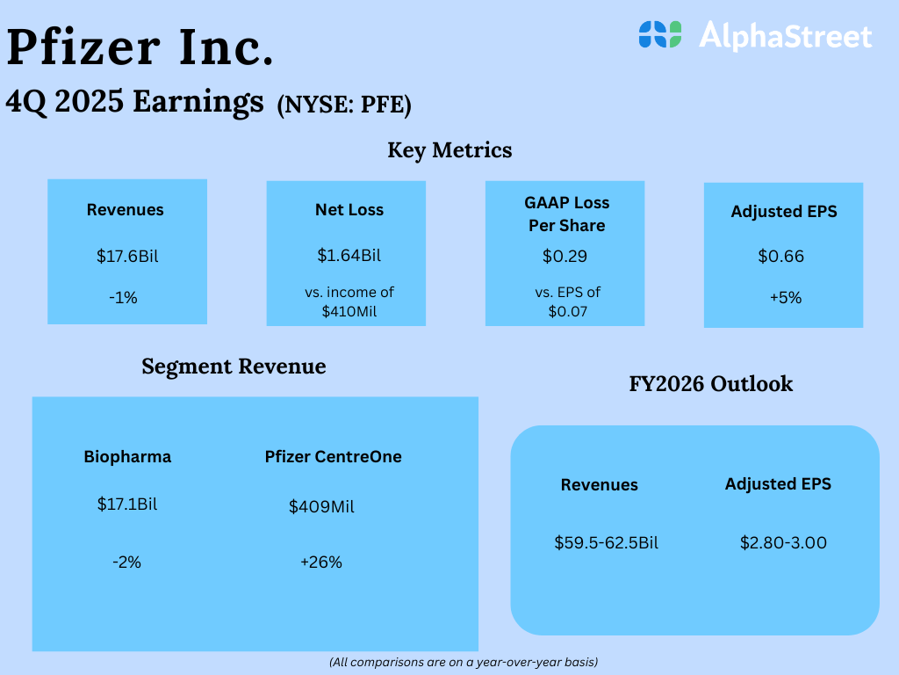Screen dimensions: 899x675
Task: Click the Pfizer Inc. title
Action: (x=140, y=47)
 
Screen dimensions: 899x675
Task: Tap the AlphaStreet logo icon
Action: (x=660, y=34)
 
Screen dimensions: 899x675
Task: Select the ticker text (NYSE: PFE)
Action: (x=344, y=105)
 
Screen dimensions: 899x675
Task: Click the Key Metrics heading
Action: (x=449, y=150)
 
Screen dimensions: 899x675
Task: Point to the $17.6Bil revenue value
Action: (x=127, y=256)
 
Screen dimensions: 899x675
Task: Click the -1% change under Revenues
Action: (x=123, y=298)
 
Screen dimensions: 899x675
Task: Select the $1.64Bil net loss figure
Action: (x=349, y=256)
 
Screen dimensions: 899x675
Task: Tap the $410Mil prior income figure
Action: (x=349, y=312)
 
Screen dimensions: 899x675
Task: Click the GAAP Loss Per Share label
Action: (x=567, y=214)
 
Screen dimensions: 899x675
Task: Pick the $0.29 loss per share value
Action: (x=565, y=256)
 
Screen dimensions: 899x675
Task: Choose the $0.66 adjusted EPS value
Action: (x=780, y=256)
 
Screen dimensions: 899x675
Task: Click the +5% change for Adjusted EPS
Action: (x=786, y=298)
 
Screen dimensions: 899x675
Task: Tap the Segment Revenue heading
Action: (x=234, y=367)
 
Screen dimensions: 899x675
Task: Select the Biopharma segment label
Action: (x=127, y=457)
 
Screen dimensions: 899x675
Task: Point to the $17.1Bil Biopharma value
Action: (x=127, y=504)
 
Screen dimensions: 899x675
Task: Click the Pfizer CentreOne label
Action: (x=333, y=457)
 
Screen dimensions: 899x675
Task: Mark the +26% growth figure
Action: (x=321, y=562)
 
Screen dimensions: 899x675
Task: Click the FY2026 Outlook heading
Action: (x=711, y=384)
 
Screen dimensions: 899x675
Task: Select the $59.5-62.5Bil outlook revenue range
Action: (x=606, y=543)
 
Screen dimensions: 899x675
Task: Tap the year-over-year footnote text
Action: (x=464, y=663)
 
